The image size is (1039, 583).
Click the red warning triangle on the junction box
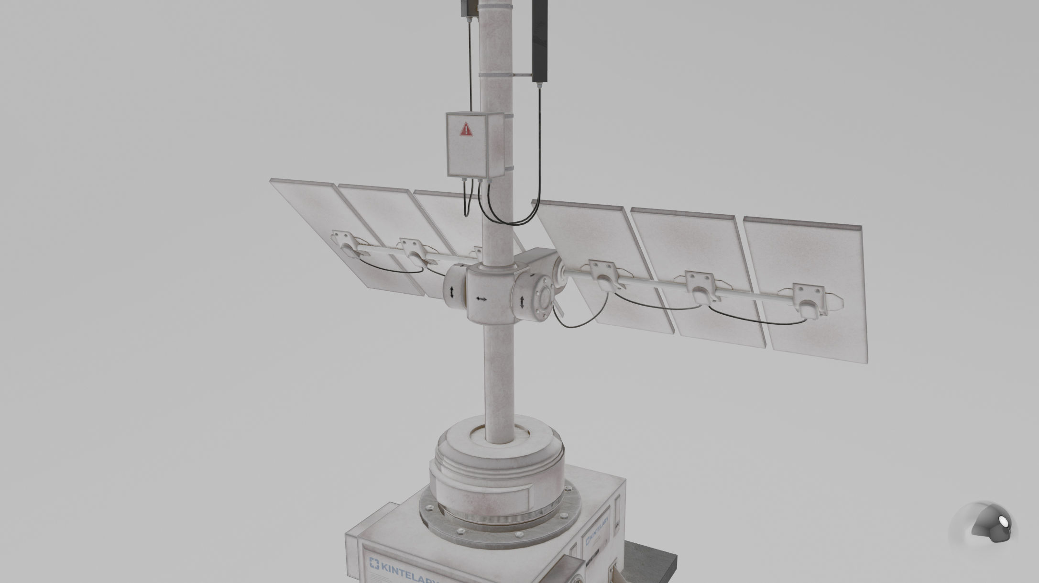(x=466, y=129)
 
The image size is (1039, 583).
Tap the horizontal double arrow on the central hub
(x=481, y=299)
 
